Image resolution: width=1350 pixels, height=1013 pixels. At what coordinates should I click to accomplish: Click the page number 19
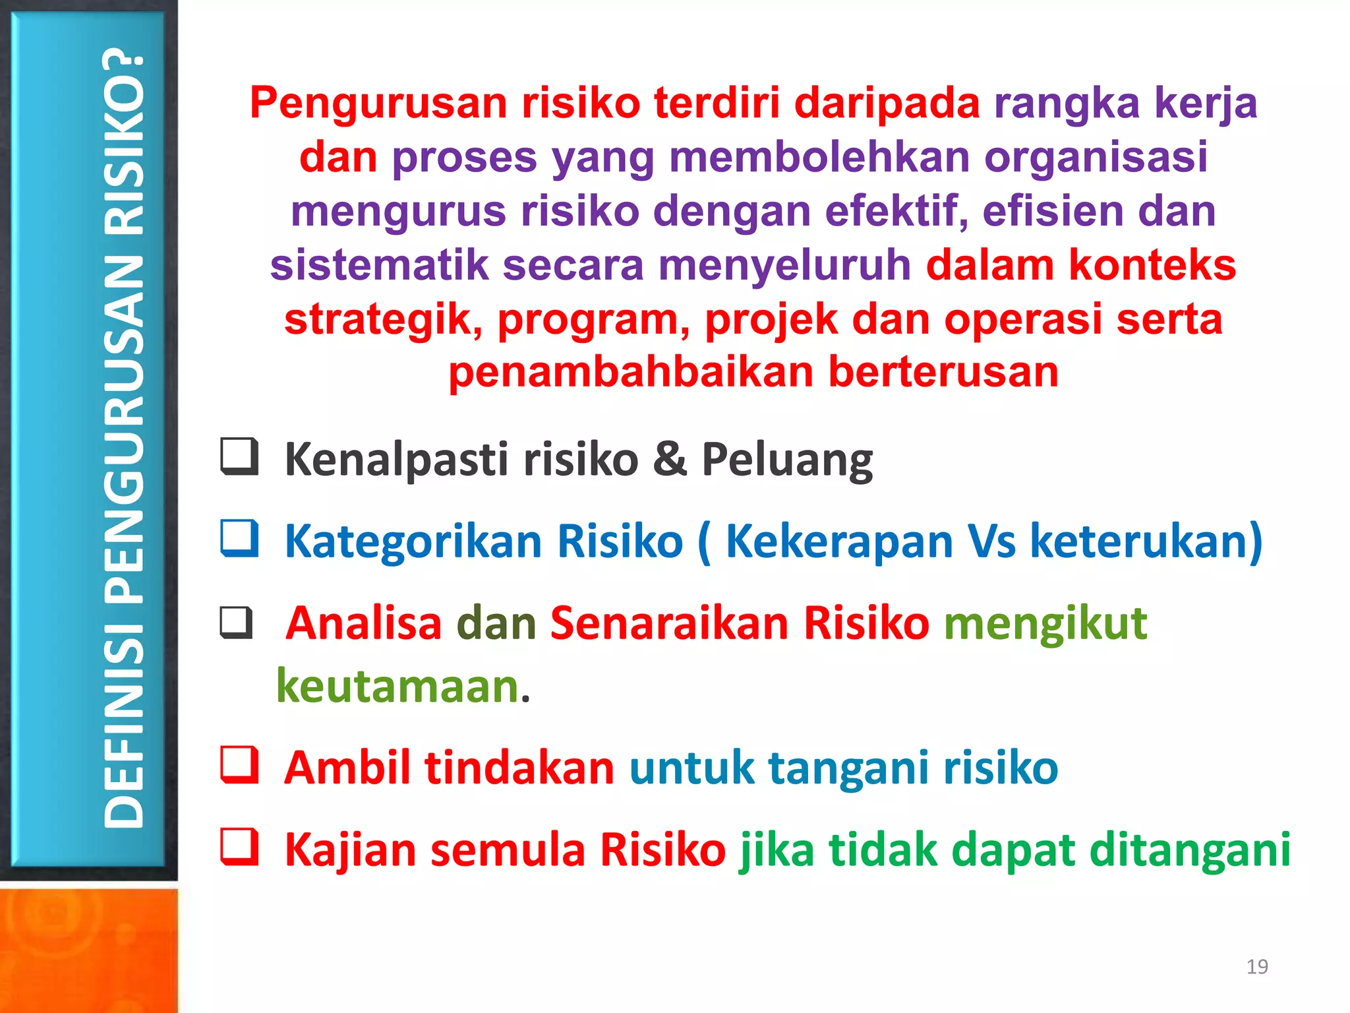[1257, 967]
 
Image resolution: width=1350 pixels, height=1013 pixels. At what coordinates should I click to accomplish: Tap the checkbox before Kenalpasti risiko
[239, 456]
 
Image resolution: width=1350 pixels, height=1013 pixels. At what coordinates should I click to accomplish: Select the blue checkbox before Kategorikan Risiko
[239, 538]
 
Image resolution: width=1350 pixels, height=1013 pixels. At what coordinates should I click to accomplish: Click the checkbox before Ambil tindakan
[239, 764]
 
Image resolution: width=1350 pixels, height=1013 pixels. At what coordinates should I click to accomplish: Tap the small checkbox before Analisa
[236, 623]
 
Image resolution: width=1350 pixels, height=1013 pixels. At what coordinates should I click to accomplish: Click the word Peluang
[787, 460]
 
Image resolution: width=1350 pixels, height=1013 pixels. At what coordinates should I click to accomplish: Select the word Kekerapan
[839, 541]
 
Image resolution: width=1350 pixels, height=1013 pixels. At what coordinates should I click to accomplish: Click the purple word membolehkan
[819, 158]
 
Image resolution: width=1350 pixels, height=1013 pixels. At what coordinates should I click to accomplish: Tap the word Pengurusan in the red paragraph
[378, 104]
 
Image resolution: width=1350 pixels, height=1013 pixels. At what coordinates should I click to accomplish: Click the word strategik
[383, 319]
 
